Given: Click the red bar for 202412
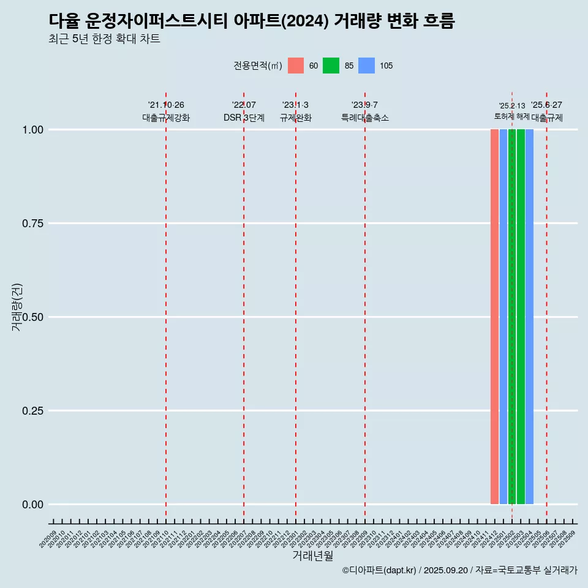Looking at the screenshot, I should [x=494, y=317].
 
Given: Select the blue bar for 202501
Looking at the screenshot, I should [x=503, y=317].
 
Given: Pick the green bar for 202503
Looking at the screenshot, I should [x=521, y=317].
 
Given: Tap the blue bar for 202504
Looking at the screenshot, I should [x=529, y=317].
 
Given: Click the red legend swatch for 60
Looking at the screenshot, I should [x=296, y=66].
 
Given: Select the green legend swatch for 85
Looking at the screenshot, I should [x=331, y=66].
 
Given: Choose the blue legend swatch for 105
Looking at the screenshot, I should [x=366, y=66].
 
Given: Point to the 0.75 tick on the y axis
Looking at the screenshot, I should [x=32, y=224].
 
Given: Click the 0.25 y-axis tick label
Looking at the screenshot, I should [x=32, y=411].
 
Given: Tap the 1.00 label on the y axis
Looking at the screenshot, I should [x=32, y=130].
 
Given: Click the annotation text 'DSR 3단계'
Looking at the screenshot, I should [x=244, y=118].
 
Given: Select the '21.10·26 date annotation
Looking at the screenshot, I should [x=166, y=105].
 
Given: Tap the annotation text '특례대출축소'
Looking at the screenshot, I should [x=365, y=118].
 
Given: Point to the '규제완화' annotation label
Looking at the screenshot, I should [x=296, y=118].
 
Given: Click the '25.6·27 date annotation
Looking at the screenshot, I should [x=546, y=105].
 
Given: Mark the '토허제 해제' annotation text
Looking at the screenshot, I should [x=511, y=116].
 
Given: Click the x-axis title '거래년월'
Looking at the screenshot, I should [x=313, y=556].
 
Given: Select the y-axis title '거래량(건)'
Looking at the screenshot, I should [x=17, y=307].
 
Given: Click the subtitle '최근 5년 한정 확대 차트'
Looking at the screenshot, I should [x=104, y=39].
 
